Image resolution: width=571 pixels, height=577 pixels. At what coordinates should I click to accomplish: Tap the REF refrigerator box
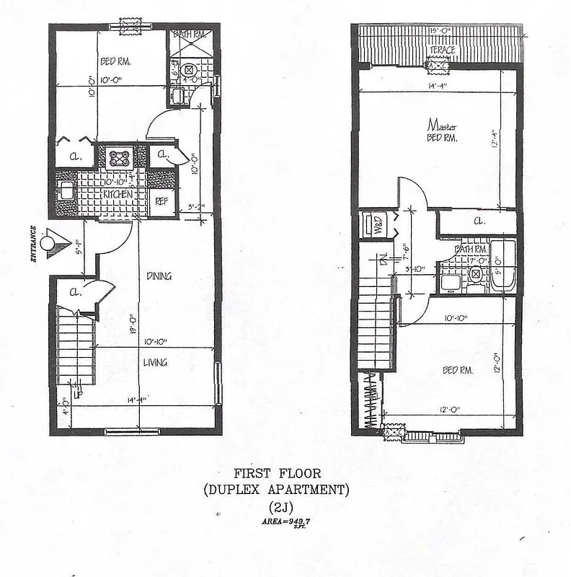[x=161, y=201]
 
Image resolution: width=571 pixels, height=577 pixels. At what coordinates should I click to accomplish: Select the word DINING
[x=158, y=276]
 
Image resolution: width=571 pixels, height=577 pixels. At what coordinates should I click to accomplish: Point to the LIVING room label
[x=155, y=362]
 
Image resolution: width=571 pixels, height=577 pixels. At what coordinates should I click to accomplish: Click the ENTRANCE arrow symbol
[x=51, y=242]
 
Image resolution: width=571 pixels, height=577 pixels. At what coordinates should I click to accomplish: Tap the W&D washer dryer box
[x=376, y=224]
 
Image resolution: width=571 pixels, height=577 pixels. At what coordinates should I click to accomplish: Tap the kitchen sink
[x=65, y=192]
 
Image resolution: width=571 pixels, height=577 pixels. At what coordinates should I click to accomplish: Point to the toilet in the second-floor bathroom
[x=476, y=274]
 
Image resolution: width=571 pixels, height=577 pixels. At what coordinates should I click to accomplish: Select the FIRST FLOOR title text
[x=277, y=474]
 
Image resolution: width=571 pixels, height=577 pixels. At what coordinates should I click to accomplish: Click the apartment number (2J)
[x=277, y=506]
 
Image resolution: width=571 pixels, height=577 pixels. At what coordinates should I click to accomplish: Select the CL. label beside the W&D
[x=479, y=221]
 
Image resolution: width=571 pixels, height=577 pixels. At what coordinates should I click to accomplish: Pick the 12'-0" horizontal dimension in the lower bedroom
[x=450, y=410]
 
